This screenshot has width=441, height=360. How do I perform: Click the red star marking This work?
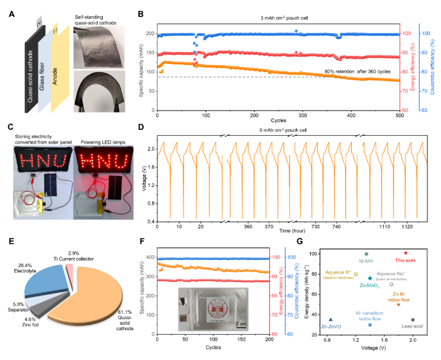[405, 253]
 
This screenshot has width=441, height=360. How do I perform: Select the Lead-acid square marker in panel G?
[413, 320]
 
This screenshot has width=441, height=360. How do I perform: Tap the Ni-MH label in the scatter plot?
[367, 261]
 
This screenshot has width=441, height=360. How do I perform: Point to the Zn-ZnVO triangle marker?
[331, 320]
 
